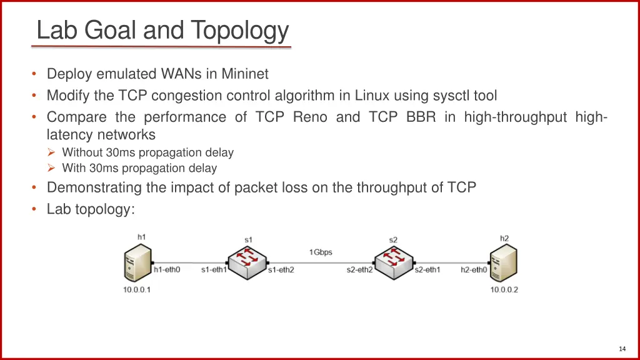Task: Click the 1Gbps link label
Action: (321, 252)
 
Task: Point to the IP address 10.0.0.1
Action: (136, 290)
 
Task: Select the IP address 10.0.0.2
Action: (504, 290)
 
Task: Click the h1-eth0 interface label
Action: (167, 270)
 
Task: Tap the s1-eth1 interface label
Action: (214, 270)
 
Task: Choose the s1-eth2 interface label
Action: (281, 270)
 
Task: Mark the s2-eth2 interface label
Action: (359, 270)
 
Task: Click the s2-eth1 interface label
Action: (427, 270)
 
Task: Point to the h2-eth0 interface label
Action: (474, 270)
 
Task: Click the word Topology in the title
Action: (240, 30)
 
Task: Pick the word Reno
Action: (310, 117)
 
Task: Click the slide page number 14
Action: (622, 349)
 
